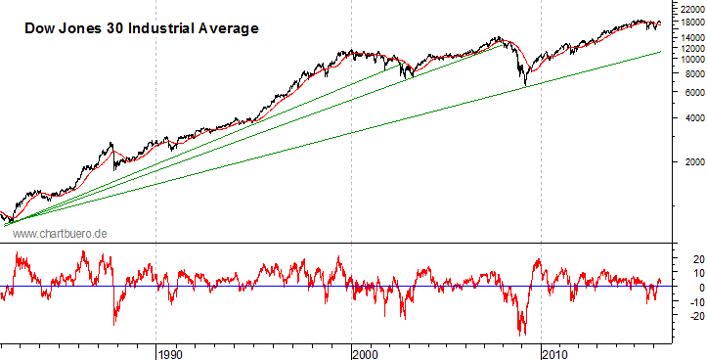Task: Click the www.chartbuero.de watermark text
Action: point(60,234)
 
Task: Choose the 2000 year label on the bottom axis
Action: point(364,351)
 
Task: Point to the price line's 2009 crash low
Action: point(525,85)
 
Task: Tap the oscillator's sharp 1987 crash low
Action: point(114,324)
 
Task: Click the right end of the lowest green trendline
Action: point(662,52)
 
